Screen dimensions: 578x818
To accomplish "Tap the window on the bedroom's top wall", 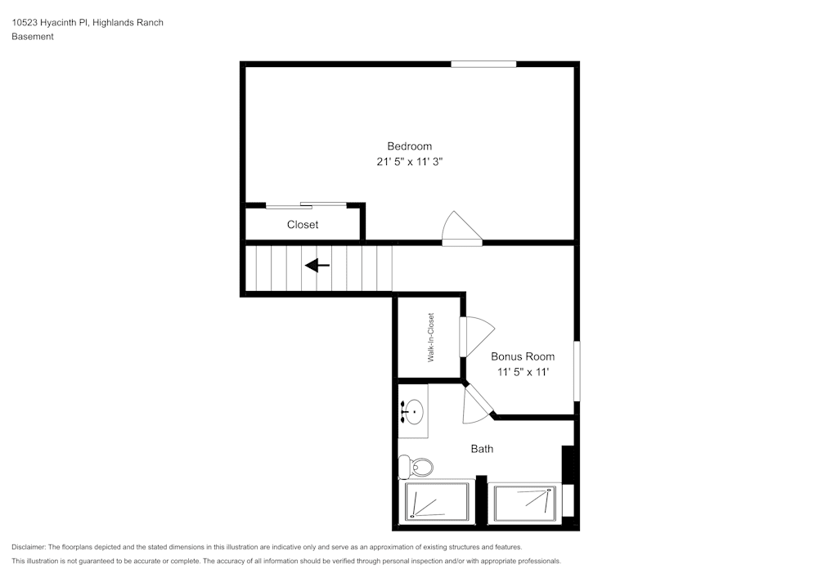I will click(483, 64).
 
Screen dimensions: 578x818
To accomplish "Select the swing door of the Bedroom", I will click(460, 229).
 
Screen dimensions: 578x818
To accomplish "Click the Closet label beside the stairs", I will click(303, 225).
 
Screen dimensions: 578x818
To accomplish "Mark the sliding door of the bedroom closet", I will click(305, 204).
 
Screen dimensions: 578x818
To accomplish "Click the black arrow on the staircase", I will click(317, 265).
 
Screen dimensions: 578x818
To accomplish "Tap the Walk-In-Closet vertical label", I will click(430, 337).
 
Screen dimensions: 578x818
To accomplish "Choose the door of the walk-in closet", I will click(476, 336).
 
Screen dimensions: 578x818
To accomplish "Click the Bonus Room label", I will click(523, 356).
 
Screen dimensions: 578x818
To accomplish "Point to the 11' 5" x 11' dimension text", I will click(523, 372).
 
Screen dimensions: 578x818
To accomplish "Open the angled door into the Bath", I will click(478, 403).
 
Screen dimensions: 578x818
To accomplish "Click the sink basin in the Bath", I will click(414, 409).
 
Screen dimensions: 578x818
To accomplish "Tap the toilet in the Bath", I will click(416, 468).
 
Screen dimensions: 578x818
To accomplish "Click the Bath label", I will click(482, 449).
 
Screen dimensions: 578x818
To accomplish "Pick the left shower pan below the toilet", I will click(438, 501).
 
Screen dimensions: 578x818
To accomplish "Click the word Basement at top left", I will click(33, 37).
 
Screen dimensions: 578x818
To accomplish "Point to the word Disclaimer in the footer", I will click(29, 547).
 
